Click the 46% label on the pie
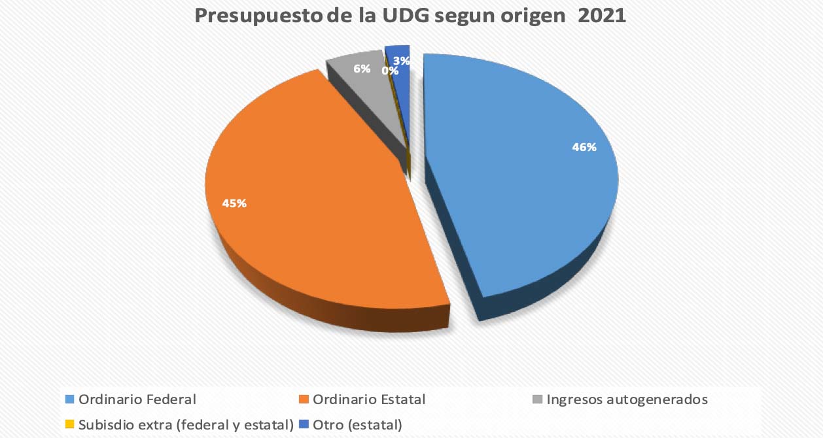click(x=584, y=148)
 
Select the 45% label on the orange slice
click(x=234, y=203)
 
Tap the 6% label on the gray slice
click(x=362, y=69)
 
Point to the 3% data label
click(x=402, y=61)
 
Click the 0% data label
click(x=391, y=71)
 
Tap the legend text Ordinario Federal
click(x=137, y=399)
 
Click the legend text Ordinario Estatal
click(x=369, y=399)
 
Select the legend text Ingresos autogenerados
click(x=627, y=399)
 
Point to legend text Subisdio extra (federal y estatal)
click(x=186, y=424)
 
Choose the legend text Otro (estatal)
click(x=357, y=424)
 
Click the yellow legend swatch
click(x=69, y=424)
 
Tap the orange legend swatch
click(x=304, y=399)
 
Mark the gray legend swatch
click(x=537, y=399)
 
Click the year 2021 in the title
click(x=601, y=16)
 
